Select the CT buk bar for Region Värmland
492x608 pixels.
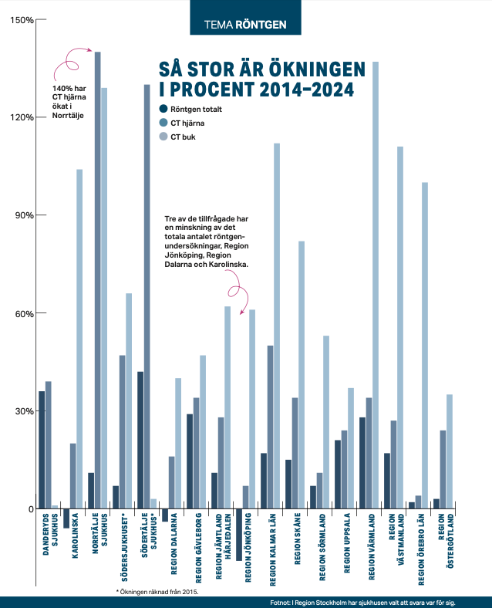tap(376, 285)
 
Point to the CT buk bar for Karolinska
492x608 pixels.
tap(79, 339)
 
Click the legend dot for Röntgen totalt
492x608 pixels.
tap(163, 109)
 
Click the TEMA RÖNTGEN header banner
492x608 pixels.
tap(245, 25)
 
